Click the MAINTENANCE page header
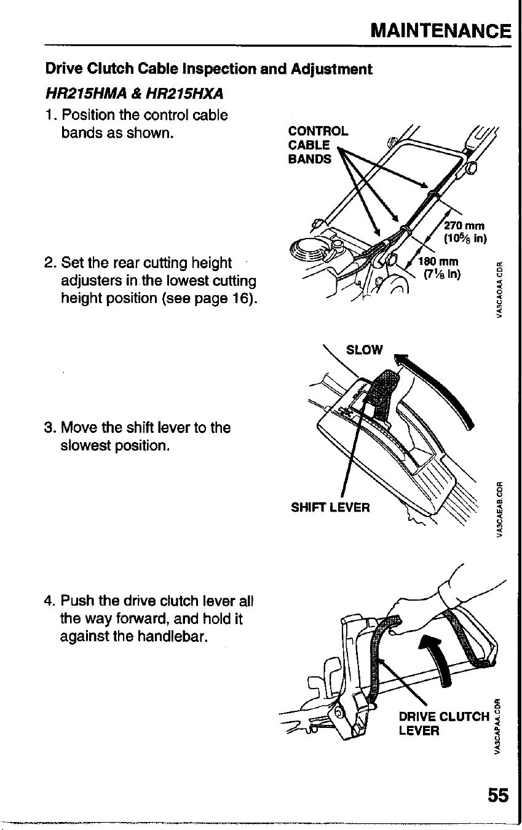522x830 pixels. click(x=441, y=31)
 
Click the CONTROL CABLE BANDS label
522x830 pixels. click(x=318, y=145)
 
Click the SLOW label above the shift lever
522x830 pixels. click(x=364, y=350)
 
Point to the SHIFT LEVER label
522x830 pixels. click(x=330, y=507)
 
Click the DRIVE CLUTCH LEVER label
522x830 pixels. click(x=444, y=724)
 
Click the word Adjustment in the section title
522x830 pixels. click(x=331, y=69)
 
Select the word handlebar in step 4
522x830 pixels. click(x=171, y=636)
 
